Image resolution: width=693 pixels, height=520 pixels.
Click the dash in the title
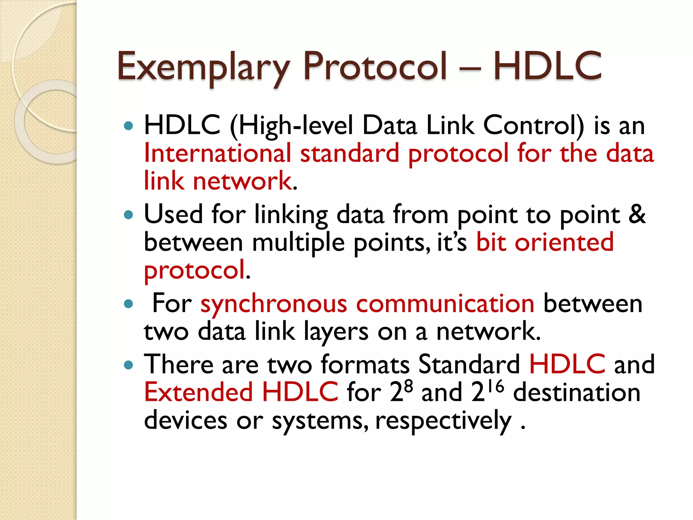click(470, 68)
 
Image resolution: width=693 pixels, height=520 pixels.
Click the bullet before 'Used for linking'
click(129, 215)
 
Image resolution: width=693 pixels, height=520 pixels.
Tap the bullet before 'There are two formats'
click(129, 365)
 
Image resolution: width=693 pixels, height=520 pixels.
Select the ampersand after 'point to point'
click(637, 215)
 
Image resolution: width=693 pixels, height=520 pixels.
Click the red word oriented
click(564, 242)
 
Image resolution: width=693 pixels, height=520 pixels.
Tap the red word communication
click(445, 303)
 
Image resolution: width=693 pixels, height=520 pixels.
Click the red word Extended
click(199, 392)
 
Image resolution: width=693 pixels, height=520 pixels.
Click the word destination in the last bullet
click(577, 393)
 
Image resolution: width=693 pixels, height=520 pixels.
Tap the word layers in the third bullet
click(336, 332)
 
